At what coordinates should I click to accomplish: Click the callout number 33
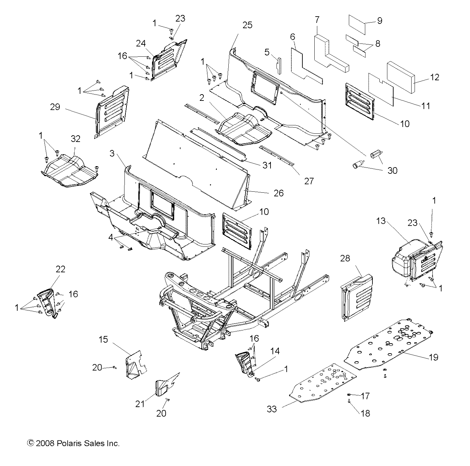(x=272, y=409)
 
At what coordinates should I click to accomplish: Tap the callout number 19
(x=433, y=357)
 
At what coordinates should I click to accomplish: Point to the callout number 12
(x=434, y=77)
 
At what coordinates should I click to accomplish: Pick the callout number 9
(x=379, y=21)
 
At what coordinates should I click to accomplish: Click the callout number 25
(x=247, y=25)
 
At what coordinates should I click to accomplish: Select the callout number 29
(x=55, y=107)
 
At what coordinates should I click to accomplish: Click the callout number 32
(x=75, y=138)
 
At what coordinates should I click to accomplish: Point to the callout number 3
(x=112, y=154)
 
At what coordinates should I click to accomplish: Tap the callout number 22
(x=60, y=269)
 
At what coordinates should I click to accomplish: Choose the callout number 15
(x=104, y=340)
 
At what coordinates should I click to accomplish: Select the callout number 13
(x=381, y=221)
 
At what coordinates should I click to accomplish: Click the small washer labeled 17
(x=350, y=394)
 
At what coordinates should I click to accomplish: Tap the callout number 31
(x=267, y=165)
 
